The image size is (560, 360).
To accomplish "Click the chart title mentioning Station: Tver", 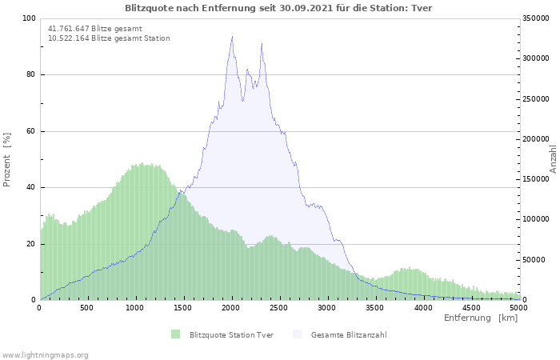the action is (x=278, y=8).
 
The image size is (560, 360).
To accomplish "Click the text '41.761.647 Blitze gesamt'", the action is (x=95, y=29).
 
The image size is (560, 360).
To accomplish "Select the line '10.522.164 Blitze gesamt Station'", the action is (x=109, y=38).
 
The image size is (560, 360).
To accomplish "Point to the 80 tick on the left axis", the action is (x=30, y=74).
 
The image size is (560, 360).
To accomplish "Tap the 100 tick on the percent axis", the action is (x=29, y=18).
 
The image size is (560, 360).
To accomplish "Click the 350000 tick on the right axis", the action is (x=536, y=18).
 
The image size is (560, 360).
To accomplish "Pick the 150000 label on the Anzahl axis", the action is (x=536, y=179).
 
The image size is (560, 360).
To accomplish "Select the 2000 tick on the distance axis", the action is (x=230, y=308).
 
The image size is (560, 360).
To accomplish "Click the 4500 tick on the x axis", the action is (x=471, y=308).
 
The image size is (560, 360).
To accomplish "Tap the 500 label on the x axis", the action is (x=86, y=308).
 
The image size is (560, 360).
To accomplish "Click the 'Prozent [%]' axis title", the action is (x=6, y=160).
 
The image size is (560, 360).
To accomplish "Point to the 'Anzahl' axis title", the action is (x=554, y=159).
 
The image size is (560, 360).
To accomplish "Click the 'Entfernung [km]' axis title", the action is (x=481, y=318).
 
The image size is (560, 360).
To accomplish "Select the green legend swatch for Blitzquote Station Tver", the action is (x=175, y=334).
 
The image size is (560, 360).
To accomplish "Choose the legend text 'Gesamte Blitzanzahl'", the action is (x=349, y=335).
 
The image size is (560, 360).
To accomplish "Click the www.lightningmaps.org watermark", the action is (x=45, y=355).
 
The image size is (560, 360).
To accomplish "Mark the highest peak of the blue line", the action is (x=232, y=36).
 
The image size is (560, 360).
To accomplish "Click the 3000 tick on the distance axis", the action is (x=326, y=308).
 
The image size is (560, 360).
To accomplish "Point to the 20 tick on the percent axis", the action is (x=30, y=244).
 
